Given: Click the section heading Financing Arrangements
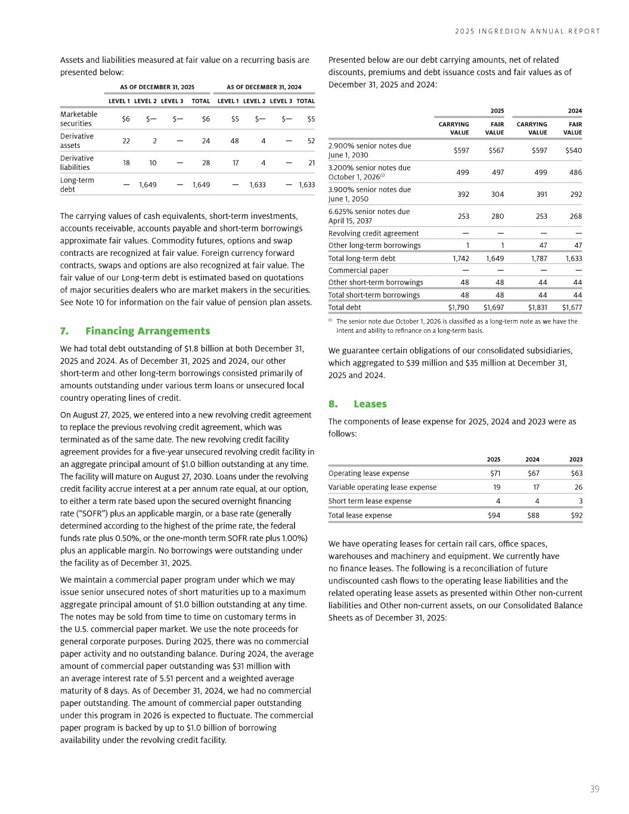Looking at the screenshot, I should point(147,331).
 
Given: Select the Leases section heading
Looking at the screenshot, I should point(370,404).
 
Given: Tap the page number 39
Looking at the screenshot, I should point(594,789).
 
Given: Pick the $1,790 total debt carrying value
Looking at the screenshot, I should point(458,308).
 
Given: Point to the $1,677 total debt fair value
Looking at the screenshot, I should point(572,308).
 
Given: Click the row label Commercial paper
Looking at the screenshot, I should point(358,270).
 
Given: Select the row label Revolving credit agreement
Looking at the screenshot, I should point(373,233).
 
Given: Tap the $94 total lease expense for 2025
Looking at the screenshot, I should point(494,515).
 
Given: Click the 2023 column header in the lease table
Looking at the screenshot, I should point(575,459).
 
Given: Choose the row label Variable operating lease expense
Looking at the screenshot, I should point(382,487).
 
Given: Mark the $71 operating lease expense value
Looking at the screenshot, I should point(495,473).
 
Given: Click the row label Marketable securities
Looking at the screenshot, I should point(79,119).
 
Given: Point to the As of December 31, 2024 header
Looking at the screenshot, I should point(264,87).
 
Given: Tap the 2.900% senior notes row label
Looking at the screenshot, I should point(370,150).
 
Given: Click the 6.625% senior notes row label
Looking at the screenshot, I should point(369,216).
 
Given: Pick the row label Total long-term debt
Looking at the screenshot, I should point(362,258).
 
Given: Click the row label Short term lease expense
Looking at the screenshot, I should point(370,501).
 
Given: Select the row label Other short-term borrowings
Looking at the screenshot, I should point(376,282).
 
